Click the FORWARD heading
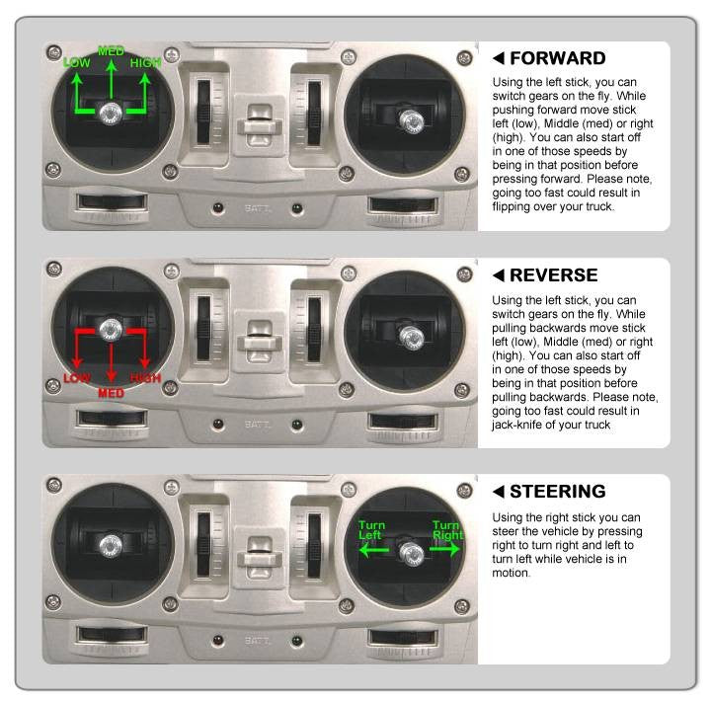pos(558,58)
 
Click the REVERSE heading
pos(554,275)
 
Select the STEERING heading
pos(558,492)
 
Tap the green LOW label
pos(77,62)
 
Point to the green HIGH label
pos(145,62)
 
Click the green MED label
pos(111,50)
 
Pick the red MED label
pos(111,393)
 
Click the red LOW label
pos(77,378)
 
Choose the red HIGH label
pos(145,378)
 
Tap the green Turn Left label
pos(371,530)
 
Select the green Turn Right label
pos(447,530)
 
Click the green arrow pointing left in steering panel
pos(373,551)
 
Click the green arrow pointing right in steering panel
pos(444,550)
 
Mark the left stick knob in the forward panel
pos(111,113)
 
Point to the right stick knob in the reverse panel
pos(411,338)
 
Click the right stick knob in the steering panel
pos(411,554)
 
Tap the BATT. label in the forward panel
pos(258,208)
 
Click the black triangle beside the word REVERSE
pos(499,275)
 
